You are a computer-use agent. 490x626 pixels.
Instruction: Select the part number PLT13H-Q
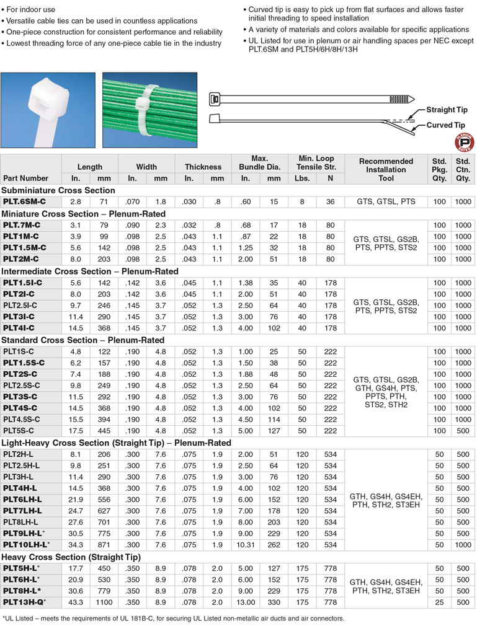(25, 602)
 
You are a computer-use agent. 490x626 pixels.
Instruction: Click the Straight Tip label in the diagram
(447, 110)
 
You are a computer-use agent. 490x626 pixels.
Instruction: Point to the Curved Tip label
(445, 125)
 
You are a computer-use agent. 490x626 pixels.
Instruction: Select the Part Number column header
(25, 179)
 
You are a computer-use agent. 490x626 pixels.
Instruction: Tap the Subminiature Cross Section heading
(58, 190)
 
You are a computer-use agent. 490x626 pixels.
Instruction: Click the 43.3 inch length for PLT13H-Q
(76, 602)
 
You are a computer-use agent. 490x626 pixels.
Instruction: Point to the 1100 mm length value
(104, 602)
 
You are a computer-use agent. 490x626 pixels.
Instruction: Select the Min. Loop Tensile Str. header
(316, 163)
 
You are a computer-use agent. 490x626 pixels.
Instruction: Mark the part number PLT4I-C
(19, 328)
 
